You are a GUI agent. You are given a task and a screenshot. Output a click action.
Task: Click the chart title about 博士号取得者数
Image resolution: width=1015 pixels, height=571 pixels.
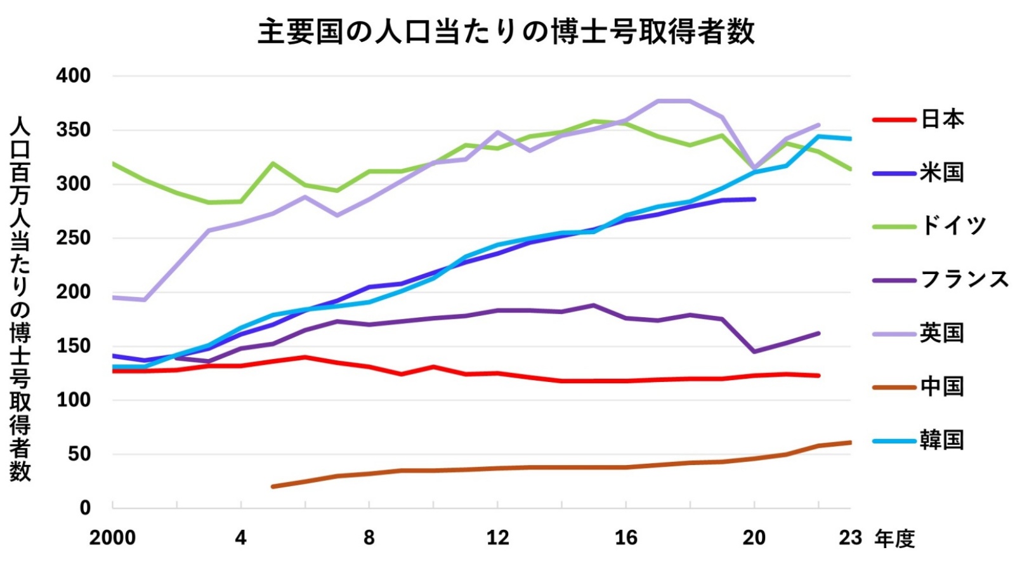[506, 32]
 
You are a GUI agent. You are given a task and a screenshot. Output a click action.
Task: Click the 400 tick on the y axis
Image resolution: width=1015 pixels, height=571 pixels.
[74, 75]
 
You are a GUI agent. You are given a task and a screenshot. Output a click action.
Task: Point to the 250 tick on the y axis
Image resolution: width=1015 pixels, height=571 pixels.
[74, 238]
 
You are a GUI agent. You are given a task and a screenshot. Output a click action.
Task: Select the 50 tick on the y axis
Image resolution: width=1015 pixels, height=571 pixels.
[79, 454]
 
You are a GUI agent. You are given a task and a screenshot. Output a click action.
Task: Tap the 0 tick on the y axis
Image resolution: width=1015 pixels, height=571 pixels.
[85, 508]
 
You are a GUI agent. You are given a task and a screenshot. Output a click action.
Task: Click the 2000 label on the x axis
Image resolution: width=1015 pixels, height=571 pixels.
[112, 538]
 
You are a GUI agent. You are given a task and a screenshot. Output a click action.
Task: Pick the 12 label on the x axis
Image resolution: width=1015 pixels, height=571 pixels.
[498, 538]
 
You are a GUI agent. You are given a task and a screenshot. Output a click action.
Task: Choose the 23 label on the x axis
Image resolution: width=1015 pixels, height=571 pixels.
[850, 538]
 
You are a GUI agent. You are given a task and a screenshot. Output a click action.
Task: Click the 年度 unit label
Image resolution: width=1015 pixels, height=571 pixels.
[894, 539]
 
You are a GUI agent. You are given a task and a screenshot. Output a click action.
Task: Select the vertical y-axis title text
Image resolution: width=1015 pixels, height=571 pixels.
[20, 298]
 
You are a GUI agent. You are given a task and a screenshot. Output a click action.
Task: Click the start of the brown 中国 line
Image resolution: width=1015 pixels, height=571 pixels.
[273, 487]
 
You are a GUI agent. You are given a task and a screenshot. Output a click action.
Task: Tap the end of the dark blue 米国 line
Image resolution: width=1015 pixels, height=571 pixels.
[754, 199]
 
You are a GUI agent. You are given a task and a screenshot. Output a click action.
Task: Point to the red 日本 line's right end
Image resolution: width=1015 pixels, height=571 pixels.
[818, 376]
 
